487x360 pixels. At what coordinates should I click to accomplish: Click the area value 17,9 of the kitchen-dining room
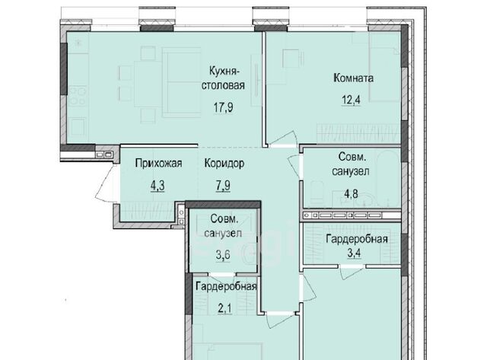tap(223, 107)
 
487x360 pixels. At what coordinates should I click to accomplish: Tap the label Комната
tap(353, 78)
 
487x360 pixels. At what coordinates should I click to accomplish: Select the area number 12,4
tap(352, 100)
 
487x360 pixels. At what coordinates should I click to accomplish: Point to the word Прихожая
tap(158, 163)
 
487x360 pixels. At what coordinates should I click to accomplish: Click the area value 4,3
tap(158, 186)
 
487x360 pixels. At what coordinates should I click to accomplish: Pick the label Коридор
tap(224, 163)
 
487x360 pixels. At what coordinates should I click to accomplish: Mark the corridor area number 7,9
tap(223, 186)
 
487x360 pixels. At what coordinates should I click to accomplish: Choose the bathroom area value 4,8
tap(351, 194)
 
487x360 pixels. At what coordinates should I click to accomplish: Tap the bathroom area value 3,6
tap(223, 255)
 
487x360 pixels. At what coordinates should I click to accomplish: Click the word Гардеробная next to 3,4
tap(357, 239)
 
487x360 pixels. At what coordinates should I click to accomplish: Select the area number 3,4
tap(354, 253)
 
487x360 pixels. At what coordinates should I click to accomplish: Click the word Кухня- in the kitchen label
tap(224, 71)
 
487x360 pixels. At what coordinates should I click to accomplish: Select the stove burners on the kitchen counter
tap(78, 97)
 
